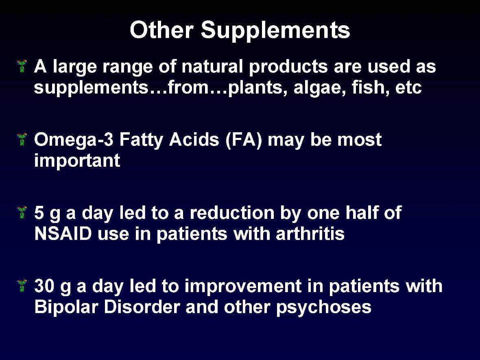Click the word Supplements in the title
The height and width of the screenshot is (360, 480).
pos(275,31)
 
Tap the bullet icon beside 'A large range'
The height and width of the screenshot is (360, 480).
pos(22,66)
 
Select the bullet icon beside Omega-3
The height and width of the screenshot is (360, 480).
pos(22,139)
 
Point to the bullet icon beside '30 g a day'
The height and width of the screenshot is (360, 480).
pos(22,285)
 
